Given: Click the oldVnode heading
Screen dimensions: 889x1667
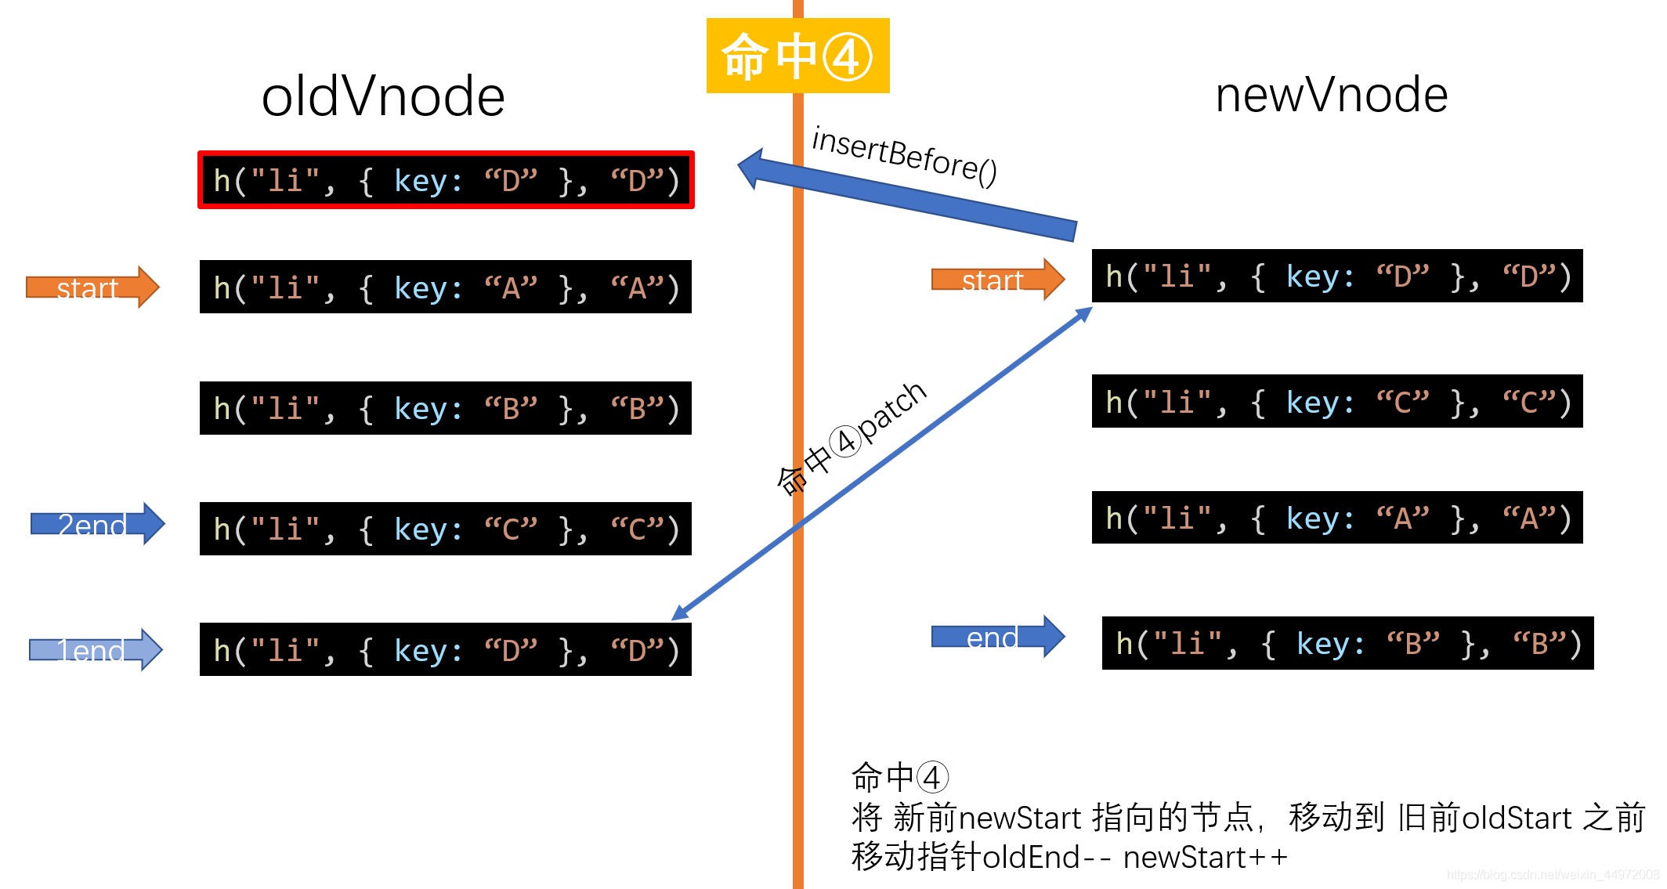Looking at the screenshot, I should tap(383, 97).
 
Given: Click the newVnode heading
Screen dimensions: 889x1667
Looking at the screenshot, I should tap(1331, 95).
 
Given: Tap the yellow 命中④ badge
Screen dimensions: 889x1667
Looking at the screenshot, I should tap(797, 56).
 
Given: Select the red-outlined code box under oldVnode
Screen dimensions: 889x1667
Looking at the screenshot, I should tap(446, 180).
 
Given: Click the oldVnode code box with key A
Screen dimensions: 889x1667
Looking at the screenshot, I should tap(446, 287).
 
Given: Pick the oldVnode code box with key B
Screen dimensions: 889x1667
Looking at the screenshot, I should tap(446, 408).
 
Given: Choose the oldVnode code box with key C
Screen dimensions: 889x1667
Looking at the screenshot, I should tap(446, 529).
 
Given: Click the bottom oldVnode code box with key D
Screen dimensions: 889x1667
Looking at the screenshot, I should tap(446, 649).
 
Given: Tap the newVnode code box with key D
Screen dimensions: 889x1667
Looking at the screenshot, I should tap(1337, 276).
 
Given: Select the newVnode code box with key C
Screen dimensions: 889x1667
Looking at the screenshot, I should tap(1337, 401).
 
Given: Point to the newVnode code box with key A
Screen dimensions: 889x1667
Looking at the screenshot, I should tap(1337, 517).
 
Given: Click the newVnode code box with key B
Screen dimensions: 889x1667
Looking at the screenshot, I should tap(1347, 643).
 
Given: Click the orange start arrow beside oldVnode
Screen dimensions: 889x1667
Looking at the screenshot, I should tap(92, 287).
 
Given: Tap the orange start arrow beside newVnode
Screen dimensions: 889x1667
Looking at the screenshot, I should tap(997, 280).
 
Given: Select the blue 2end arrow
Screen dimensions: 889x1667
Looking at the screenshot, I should tap(97, 524).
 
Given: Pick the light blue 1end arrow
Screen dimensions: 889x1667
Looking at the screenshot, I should tap(95, 650).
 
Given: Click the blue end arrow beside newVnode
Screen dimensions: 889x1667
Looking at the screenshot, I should tap(997, 637).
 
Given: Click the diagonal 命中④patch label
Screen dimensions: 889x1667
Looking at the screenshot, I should tap(852, 438).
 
